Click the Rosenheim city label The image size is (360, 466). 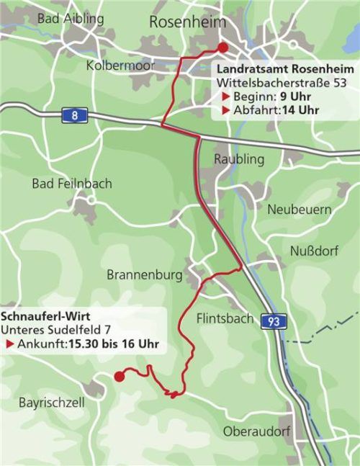tap(188, 22)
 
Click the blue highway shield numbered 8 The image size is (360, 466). tap(74, 115)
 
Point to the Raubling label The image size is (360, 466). tap(240, 158)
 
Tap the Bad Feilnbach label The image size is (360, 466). tap(72, 184)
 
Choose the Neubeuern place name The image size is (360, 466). tap(300, 209)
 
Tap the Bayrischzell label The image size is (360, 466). tap(51, 402)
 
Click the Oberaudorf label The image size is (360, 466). tap(256, 431)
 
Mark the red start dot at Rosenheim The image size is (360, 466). tap(222, 48)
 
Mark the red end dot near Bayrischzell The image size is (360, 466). tap(120, 375)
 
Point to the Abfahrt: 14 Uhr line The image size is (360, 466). tap(270, 110)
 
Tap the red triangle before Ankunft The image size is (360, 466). tap(10, 345)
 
